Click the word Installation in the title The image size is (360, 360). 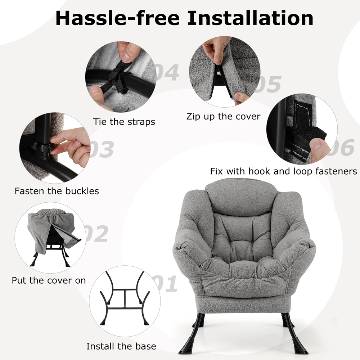250,18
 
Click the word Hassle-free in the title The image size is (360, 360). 117,18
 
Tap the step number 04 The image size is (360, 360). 167,72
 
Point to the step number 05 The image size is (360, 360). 269,84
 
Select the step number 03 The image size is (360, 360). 102,149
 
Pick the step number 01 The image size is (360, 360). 165,283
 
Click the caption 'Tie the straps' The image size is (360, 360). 124,122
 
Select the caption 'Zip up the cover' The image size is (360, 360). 224,116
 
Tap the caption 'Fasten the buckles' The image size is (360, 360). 57,191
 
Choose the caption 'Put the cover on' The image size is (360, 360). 49,280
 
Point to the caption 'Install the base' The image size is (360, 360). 121,346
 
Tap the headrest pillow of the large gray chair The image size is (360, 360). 243,197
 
